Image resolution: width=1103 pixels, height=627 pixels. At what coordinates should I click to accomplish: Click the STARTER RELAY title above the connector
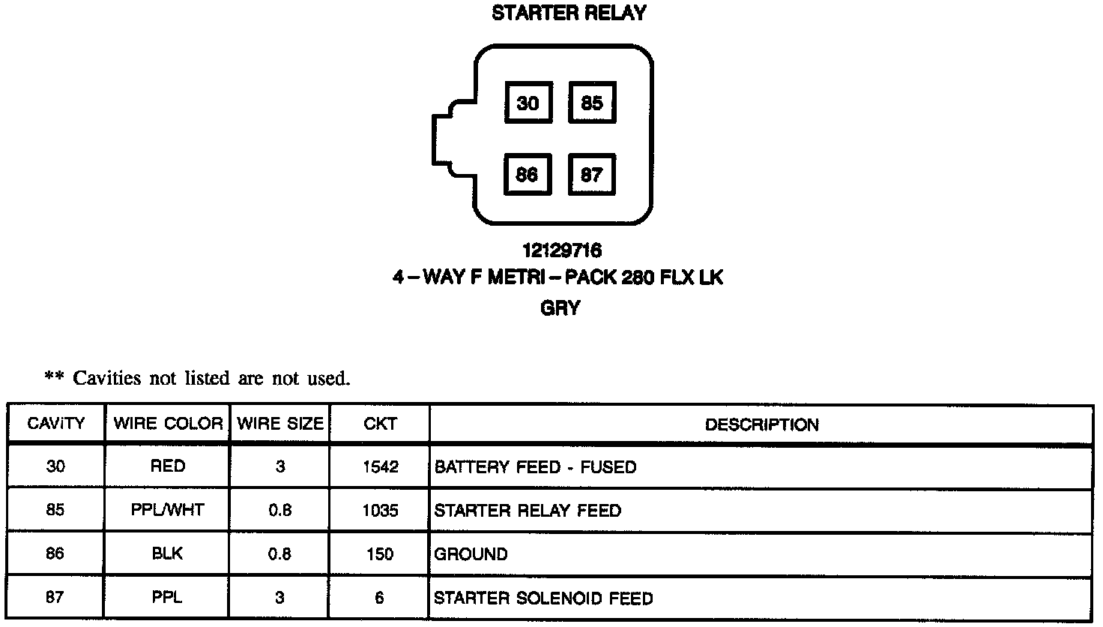tap(569, 13)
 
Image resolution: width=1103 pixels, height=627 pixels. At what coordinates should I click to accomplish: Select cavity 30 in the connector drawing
tap(528, 103)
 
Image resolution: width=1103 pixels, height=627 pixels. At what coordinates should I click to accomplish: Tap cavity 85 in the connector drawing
tap(591, 103)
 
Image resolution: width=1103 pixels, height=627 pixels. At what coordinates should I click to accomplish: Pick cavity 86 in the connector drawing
tap(527, 175)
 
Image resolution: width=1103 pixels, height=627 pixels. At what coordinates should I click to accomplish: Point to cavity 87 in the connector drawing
tap(591, 175)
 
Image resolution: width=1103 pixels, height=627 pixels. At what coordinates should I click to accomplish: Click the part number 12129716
tap(561, 250)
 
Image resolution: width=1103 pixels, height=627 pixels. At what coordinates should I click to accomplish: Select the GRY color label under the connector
tap(560, 308)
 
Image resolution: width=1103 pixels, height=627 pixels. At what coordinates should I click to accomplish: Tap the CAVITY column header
tap(55, 424)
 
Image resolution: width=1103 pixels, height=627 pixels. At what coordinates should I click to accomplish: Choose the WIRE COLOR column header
tap(168, 424)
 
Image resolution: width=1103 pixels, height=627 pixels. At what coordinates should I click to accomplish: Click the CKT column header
tap(380, 424)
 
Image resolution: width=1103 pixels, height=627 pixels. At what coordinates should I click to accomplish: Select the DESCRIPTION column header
tap(761, 424)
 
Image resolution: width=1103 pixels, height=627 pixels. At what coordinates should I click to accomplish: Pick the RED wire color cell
tap(168, 466)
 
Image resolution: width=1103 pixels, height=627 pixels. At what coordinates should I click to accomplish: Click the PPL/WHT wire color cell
tap(168, 511)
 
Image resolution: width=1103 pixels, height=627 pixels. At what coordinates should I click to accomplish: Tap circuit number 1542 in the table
tap(380, 467)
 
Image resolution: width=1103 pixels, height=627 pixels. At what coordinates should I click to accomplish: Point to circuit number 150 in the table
tap(380, 555)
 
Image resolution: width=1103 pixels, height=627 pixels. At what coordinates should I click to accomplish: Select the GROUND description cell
tap(471, 555)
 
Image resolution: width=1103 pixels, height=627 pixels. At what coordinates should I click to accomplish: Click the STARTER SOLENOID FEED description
tap(543, 598)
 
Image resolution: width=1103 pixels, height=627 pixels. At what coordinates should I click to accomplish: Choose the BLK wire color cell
tap(168, 554)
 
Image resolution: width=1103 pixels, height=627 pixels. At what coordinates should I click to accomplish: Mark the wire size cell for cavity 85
tap(279, 511)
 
